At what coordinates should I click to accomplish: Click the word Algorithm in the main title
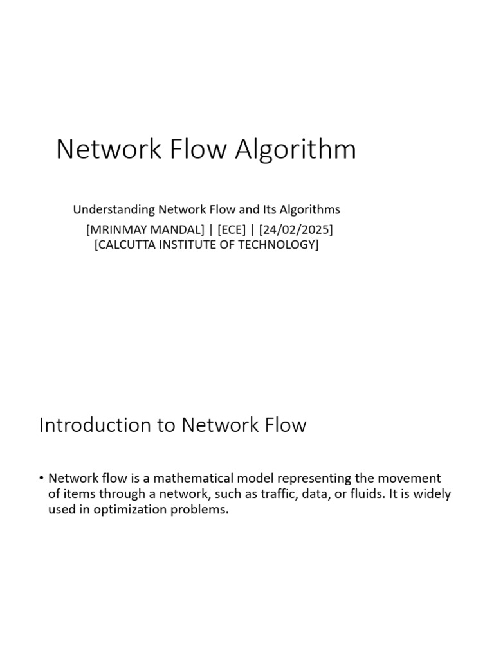click(295, 150)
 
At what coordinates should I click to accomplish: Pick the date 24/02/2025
click(296, 229)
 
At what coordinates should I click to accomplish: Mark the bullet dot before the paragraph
click(42, 479)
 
